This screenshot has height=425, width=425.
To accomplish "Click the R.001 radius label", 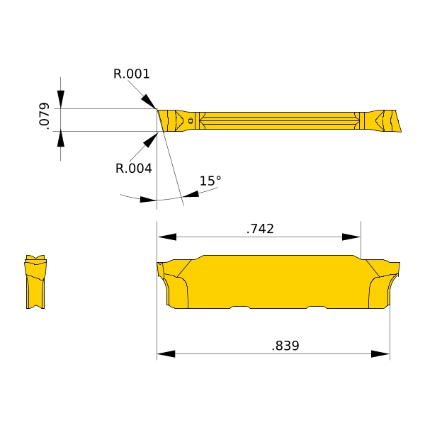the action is pyautogui.click(x=132, y=74).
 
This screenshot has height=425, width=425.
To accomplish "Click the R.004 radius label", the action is pyautogui.click(x=134, y=169).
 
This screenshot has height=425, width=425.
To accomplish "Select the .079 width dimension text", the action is pyautogui.click(x=44, y=115).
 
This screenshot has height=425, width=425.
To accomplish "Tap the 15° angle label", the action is pyautogui.click(x=210, y=181).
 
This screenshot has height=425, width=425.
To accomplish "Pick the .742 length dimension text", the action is pyautogui.click(x=260, y=229).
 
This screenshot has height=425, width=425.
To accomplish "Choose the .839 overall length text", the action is pyautogui.click(x=285, y=346).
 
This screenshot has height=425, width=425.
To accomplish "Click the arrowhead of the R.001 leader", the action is pyautogui.click(x=149, y=101).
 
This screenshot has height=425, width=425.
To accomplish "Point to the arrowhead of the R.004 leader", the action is pyautogui.click(x=150, y=140).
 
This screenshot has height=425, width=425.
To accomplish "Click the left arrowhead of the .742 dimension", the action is pyautogui.click(x=167, y=237).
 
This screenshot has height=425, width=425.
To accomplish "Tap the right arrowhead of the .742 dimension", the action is pyautogui.click(x=351, y=237).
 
